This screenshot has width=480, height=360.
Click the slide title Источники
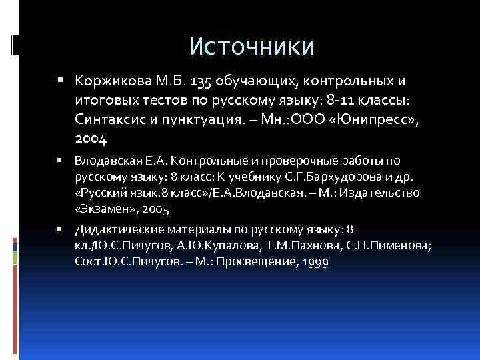click(251, 46)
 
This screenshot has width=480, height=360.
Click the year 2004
click(91, 139)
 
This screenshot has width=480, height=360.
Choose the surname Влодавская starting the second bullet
click(104, 160)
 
